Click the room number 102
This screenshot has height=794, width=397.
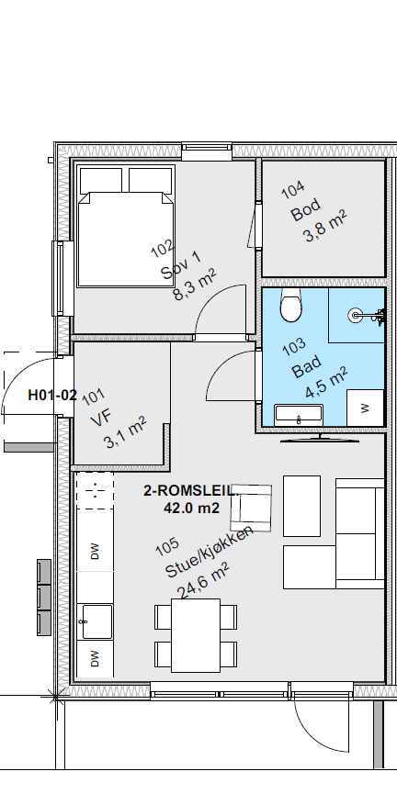coord(162,249)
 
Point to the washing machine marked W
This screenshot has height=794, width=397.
coord(365,407)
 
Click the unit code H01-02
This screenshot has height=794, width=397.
coord(52,396)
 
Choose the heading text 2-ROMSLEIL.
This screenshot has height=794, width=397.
coord(191,492)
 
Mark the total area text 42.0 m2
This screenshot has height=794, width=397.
coord(191,507)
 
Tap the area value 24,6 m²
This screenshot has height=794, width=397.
coord(203,580)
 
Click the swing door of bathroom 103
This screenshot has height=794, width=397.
coord(234,376)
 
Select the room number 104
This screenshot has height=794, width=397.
coord(293,191)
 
